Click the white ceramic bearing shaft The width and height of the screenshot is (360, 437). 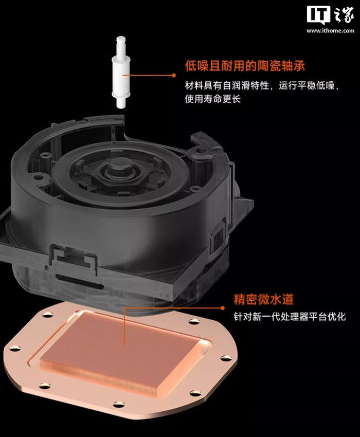121,72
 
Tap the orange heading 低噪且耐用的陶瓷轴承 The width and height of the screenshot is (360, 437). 245,66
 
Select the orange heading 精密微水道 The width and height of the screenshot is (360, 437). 263,299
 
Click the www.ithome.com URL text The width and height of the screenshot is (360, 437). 331,31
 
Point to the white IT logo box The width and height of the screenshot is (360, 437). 318,15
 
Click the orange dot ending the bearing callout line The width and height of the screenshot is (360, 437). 174,75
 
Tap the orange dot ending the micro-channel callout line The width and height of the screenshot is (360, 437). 222,308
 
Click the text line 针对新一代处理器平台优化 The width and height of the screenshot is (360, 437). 290,317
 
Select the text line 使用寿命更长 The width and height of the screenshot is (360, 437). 213,99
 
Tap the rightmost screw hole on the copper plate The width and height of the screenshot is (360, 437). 224,358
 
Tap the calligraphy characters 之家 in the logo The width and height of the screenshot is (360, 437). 343,15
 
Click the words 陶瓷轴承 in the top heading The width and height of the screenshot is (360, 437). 281,66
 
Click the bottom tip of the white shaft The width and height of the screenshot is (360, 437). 121,108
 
